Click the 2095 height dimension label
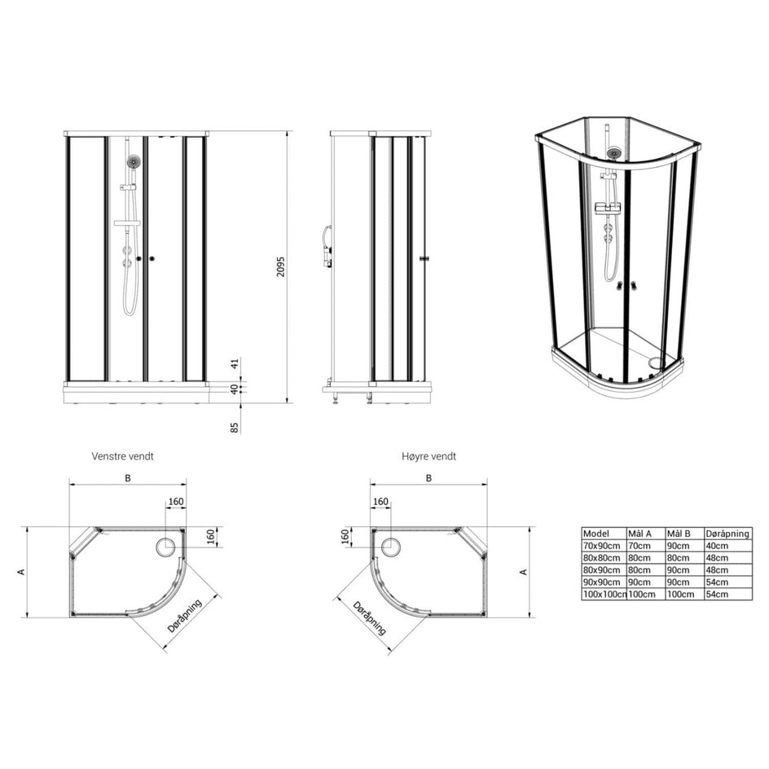click(280, 266)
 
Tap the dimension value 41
click(235, 364)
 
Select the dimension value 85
click(235, 428)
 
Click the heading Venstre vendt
click(123, 456)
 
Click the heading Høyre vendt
click(428, 456)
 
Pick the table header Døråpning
click(727, 534)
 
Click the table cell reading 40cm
click(717, 545)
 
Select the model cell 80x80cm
click(602, 558)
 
